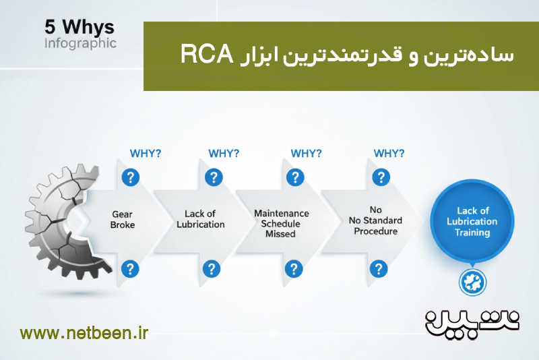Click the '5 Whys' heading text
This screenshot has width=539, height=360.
[x=80, y=28]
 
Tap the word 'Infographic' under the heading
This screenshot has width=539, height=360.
[x=80, y=43]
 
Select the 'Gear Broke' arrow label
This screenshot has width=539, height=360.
[x=123, y=220]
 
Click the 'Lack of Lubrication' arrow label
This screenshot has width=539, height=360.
[x=201, y=220]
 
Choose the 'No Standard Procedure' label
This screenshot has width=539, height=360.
[x=375, y=220]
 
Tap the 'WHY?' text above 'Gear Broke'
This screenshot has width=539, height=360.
[x=145, y=153]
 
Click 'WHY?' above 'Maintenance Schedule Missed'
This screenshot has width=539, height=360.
[x=306, y=153]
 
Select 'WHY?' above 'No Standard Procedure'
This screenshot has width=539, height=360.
[x=389, y=153]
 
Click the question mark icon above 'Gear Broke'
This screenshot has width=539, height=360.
[x=129, y=177]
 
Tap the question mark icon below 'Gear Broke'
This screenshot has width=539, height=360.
[x=129, y=269]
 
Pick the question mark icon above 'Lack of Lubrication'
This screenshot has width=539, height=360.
[x=213, y=177]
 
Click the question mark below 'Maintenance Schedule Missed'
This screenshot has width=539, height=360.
[x=293, y=269]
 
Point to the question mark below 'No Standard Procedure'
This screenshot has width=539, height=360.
[x=377, y=269]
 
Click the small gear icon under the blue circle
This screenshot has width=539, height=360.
[x=472, y=282]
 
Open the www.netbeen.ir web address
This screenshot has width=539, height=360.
[x=84, y=333]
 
